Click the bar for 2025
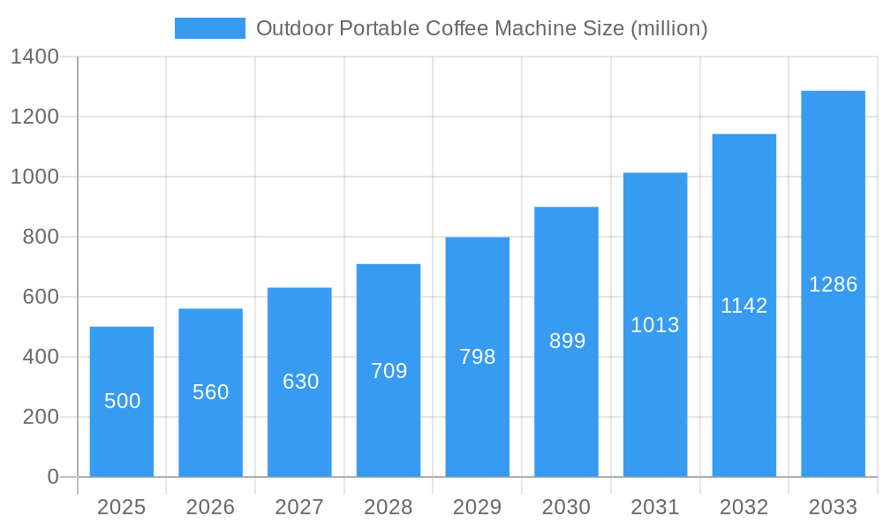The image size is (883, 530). click(x=122, y=402)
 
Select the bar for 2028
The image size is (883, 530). click(x=389, y=371)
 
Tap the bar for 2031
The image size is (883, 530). click(x=655, y=325)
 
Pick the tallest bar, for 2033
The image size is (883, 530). click(x=833, y=284)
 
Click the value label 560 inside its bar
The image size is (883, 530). click(x=211, y=392)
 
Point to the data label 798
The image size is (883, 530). click(x=478, y=357)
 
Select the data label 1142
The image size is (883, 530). click(x=744, y=306)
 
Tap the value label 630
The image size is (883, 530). click(x=300, y=382)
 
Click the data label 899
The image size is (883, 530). click(x=567, y=341)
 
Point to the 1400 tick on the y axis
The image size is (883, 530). click(x=34, y=57)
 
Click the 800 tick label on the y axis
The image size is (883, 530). click(x=41, y=237)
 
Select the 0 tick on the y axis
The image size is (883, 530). click(x=52, y=477)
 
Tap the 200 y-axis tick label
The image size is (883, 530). click(x=41, y=417)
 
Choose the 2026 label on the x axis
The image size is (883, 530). click(x=211, y=507)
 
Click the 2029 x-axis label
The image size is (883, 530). click(x=478, y=507)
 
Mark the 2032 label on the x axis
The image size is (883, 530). click(x=744, y=507)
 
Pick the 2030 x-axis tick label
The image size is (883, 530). click(x=567, y=507)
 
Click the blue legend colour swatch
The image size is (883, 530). click(x=210, y=28)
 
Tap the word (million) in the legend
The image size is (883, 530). click(x=668, y=28)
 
